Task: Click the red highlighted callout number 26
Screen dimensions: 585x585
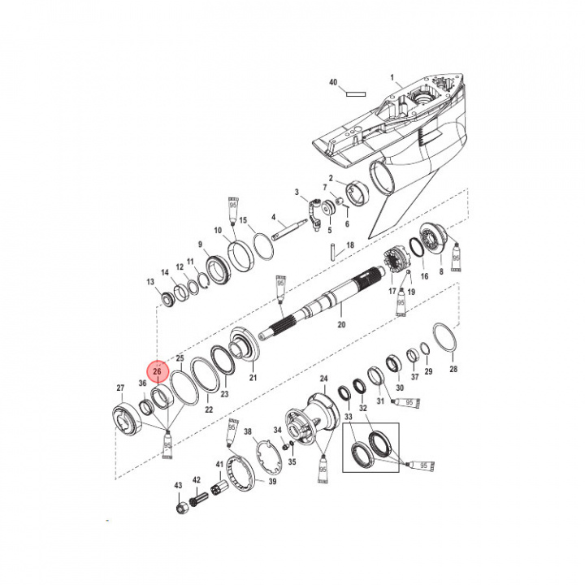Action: (x=157, y=370)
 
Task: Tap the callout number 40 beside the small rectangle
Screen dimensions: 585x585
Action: (x=332, y=83)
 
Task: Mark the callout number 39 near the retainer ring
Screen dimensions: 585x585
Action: (x=273, y=482)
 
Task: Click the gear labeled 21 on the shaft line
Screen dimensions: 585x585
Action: (x=243, y=348)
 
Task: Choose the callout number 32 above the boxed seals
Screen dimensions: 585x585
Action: (x=363, y=408)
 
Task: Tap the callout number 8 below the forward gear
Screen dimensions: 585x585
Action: (x=441, y=273)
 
